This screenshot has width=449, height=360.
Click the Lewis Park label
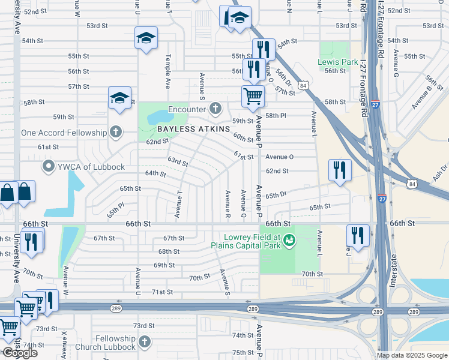tap(338, 62)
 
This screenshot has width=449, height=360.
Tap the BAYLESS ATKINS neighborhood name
tap(194, 129)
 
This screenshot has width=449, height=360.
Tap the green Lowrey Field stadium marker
tap(289, 240)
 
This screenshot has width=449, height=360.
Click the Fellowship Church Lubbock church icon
tap(144, 342)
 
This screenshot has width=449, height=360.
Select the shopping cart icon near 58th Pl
tap(253, 95)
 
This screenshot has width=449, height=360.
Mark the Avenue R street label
tap(228, 203)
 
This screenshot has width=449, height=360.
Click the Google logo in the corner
tap(19, 353)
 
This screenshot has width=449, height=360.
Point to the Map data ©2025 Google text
tap(411, 355)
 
